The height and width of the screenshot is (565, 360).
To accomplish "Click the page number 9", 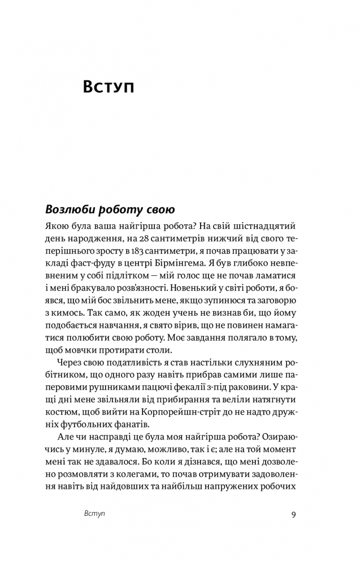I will pos(294,514).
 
